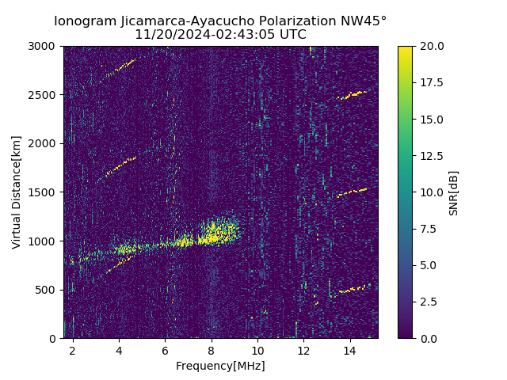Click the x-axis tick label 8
pyautogui.click(x=212, y=350)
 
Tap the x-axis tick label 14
pyautogui.click(x=350, y=350)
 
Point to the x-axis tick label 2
pyautogui.click(x=73, y=350)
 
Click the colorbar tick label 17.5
pyautogui.click(x=430, y=82)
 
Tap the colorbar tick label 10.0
pyautogui.click(x=430, y=192)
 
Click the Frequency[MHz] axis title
pyautogui.click(x=220, y=366)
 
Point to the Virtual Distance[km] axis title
pyautogui.click(x=17, y=192)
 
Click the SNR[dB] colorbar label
pyautogui.click(x=454, y=192)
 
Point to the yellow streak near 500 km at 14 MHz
pyautogui.click(x=353, y=290)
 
